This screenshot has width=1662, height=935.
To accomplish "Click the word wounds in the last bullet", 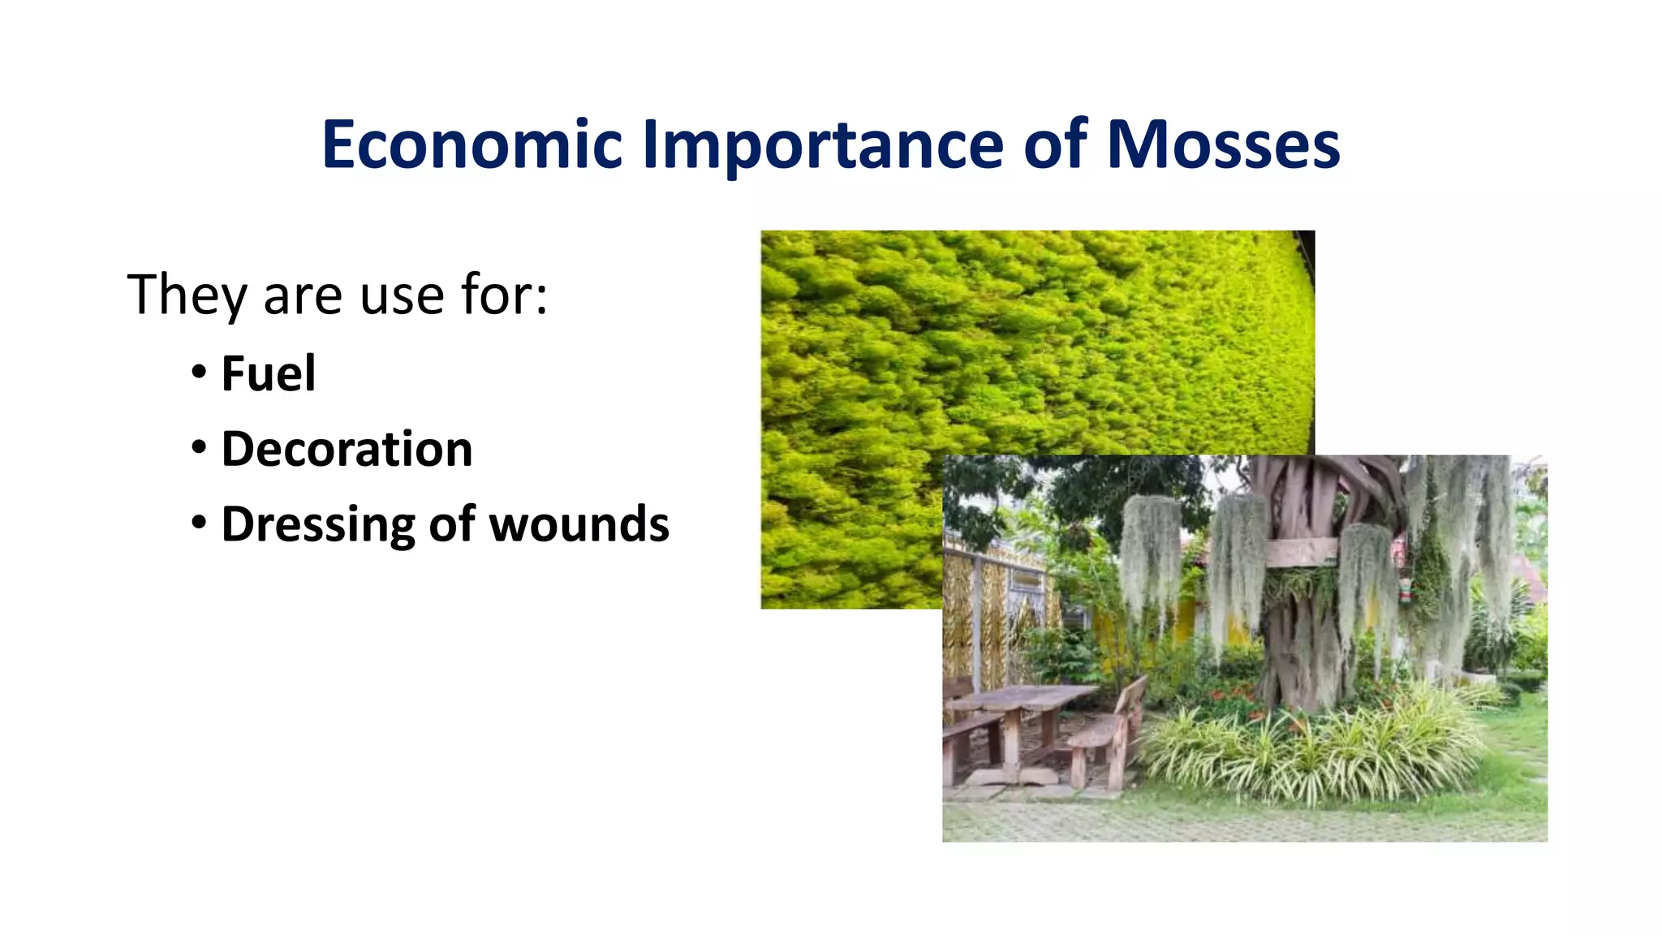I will click(579, 524).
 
